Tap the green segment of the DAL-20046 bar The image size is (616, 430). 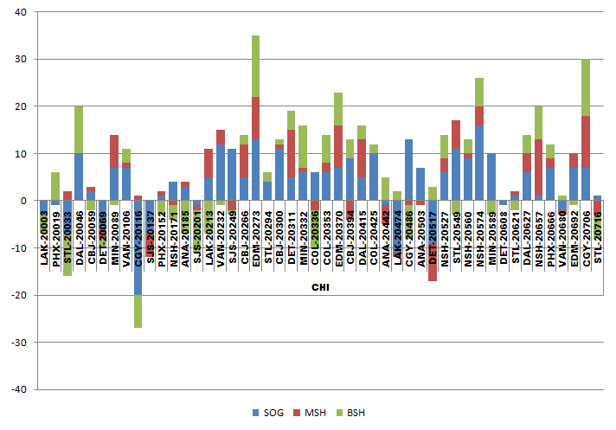(79, 130)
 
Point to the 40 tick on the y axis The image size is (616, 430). (22, 12)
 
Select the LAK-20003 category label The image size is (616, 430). (44, 242)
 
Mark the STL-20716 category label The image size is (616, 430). (598, 242)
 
